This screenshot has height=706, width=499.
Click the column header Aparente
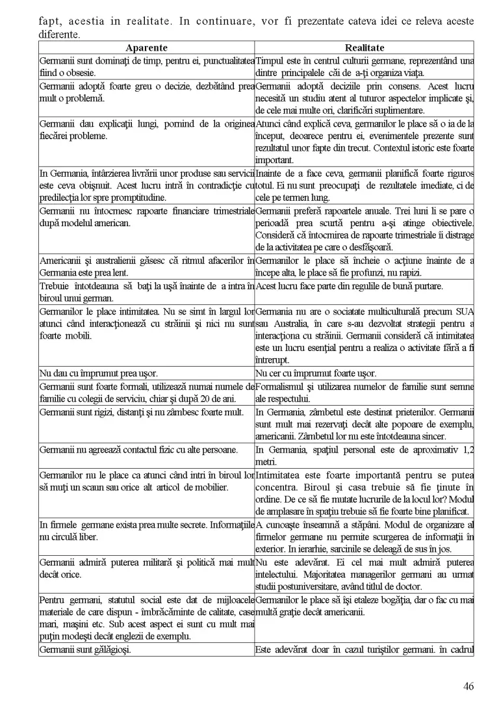coord(146,47)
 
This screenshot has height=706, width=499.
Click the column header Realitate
coord(365,47)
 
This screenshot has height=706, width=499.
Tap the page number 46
coord(469,685)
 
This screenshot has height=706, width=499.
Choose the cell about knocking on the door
coord(146,292)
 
